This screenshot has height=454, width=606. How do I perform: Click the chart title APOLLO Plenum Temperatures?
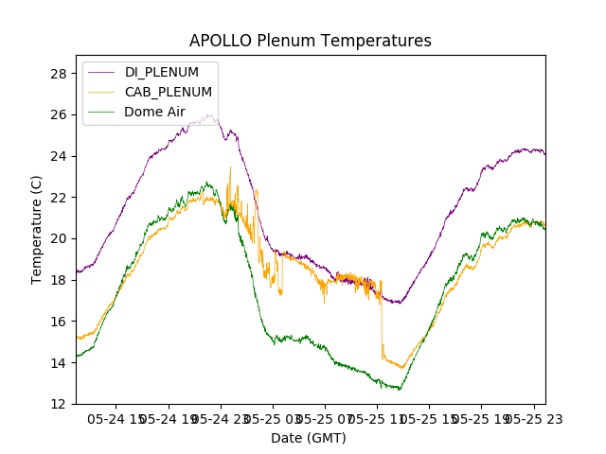click(x=310, y=41)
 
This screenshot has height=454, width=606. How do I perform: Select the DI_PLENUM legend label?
click(x=162, y=72)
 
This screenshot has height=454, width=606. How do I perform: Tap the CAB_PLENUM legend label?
click(x=169, y=92)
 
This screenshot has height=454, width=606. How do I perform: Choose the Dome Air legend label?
click(x=154, y=112)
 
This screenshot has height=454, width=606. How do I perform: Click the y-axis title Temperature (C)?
click(x=37, y=229)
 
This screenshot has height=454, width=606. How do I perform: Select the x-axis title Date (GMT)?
click(x=309, y=438)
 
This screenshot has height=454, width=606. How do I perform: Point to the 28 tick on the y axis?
click(x=58, y=74)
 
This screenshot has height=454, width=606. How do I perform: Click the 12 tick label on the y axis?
click(x=58, y=404)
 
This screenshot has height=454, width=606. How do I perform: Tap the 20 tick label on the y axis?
click(x=58, y=238)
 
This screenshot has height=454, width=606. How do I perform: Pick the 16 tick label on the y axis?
click(x=58, y=322)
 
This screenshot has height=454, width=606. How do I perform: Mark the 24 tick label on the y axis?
click(x=58, y=156)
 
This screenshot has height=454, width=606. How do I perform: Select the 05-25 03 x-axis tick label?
click(x=274, y=418)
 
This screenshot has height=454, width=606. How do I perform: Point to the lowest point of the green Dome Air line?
click(x=399, y=389)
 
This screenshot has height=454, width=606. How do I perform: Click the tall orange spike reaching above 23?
click(x=230, y=168)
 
